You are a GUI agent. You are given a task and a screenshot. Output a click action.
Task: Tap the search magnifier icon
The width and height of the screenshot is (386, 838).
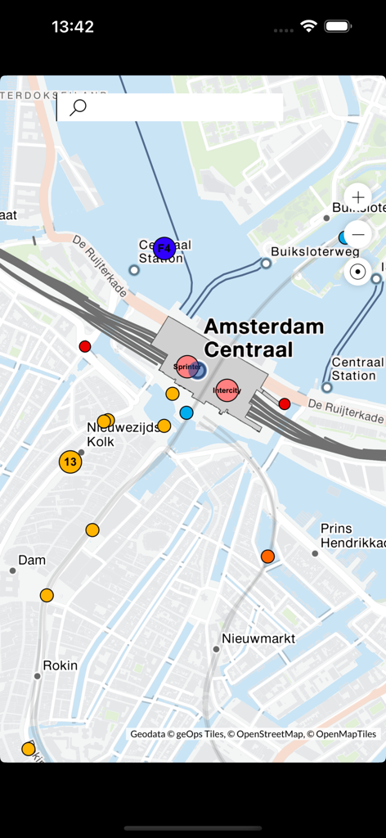pyautogui.click(x=79, y=107)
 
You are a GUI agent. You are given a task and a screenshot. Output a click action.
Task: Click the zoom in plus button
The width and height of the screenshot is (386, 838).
pyautogui.click(x=357, y=198)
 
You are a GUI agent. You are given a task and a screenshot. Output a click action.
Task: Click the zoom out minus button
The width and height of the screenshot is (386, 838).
pyautogui.click(x=357, y=234)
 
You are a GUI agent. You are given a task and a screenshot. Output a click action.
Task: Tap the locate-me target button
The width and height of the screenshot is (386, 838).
pyautogui.click(x=357, y=272)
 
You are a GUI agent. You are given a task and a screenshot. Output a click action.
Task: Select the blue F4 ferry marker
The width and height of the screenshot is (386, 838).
pyautogui.click(x=164, y=249)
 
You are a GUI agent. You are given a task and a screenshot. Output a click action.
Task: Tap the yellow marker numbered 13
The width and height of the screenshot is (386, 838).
pyautogui.click(x=70, y=462)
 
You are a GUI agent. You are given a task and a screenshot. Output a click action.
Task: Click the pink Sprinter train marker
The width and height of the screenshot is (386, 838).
pyautogui.click(x=186, y=367)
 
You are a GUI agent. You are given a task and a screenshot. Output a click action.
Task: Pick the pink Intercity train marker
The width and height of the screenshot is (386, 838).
pyautogui.click(x=227, y=390)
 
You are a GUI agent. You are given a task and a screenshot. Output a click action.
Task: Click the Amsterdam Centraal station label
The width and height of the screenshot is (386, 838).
pyautogui.click(x=263, y=337)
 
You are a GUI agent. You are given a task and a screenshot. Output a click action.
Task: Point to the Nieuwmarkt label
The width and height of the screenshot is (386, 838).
pyautogui.click(x=258, y=638)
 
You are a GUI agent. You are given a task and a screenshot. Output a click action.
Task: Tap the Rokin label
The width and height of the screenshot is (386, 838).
pyautogui.click(x=60, y=665)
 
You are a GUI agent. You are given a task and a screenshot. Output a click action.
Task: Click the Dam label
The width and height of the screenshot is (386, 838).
pyautogui.click(x=32, y=561)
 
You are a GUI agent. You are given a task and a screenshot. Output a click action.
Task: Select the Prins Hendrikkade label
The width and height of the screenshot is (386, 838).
pyautogui.click(x=352, y=536)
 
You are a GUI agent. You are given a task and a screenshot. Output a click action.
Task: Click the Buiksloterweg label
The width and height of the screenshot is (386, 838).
pyautogui.click(x=315, y=251)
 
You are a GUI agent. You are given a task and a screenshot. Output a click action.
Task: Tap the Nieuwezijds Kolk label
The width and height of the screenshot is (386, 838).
pyautogui.click(x=123, y=435)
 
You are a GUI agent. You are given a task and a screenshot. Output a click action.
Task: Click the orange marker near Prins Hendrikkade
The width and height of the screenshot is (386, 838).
pyautogui.click(x=267, y=556)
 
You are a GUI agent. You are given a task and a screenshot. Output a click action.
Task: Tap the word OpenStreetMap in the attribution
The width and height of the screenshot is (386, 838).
pyautogui.click(x=270, y=734)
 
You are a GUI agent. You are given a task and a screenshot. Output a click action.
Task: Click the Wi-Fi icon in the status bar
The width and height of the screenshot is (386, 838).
pyautogui.click(x=308, y=26)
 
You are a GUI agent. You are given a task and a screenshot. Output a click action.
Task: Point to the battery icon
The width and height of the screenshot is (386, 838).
pyautogui.click(x=337, y=26)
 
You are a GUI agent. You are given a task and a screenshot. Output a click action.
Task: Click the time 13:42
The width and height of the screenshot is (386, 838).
pyautogui.click(x=73, y=26)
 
